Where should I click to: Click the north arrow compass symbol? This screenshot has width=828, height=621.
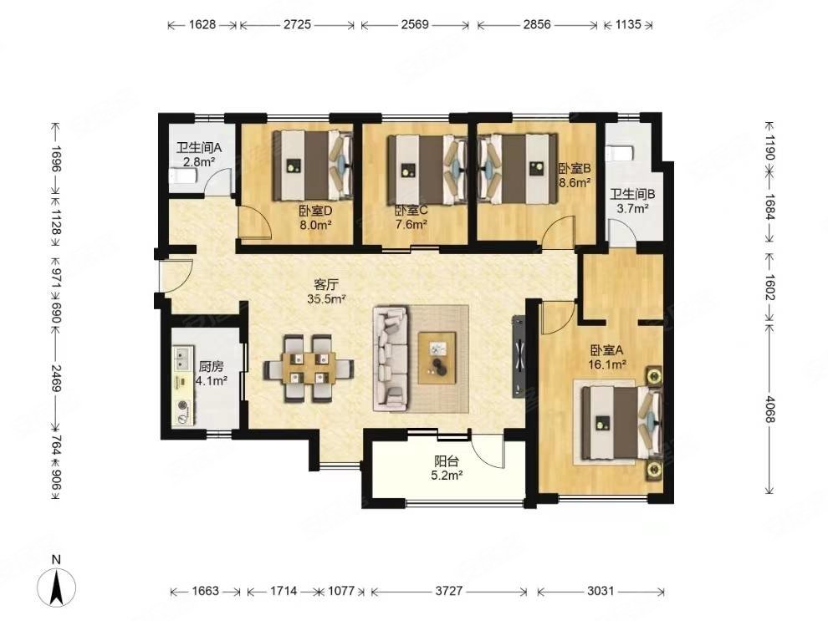pos(57,586)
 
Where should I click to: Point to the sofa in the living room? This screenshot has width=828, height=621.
pos(391,359)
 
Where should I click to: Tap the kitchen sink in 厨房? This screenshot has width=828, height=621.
pos(182,358)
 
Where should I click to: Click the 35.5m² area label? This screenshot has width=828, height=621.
pos(326,299)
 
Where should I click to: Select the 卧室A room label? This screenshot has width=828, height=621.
pos(607,350)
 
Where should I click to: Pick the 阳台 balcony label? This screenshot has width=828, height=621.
pos(447,461)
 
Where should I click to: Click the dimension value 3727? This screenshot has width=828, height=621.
pos(449,591)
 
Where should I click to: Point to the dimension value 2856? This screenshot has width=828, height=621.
pos(537,24)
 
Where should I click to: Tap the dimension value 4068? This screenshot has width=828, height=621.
pos(769,409)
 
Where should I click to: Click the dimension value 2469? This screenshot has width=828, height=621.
pos(57,379)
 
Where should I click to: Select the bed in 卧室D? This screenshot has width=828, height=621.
pos(313,165)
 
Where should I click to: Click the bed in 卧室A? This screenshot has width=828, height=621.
pos(619,423)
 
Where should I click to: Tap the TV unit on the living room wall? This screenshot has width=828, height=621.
pos(519,356)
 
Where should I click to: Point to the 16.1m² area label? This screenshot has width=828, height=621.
pos(607,364)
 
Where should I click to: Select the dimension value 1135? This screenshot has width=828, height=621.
pos(628,24)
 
